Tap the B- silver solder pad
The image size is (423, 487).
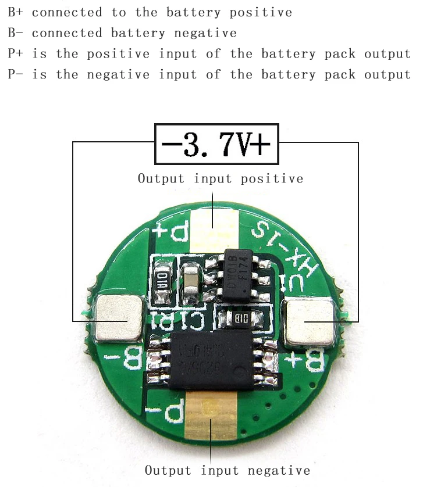tap(119, 318)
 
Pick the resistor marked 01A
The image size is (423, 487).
tap(161, 280)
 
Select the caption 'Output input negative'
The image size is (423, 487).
tap(228, 470)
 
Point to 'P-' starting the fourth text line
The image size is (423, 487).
tap(16, 75)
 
